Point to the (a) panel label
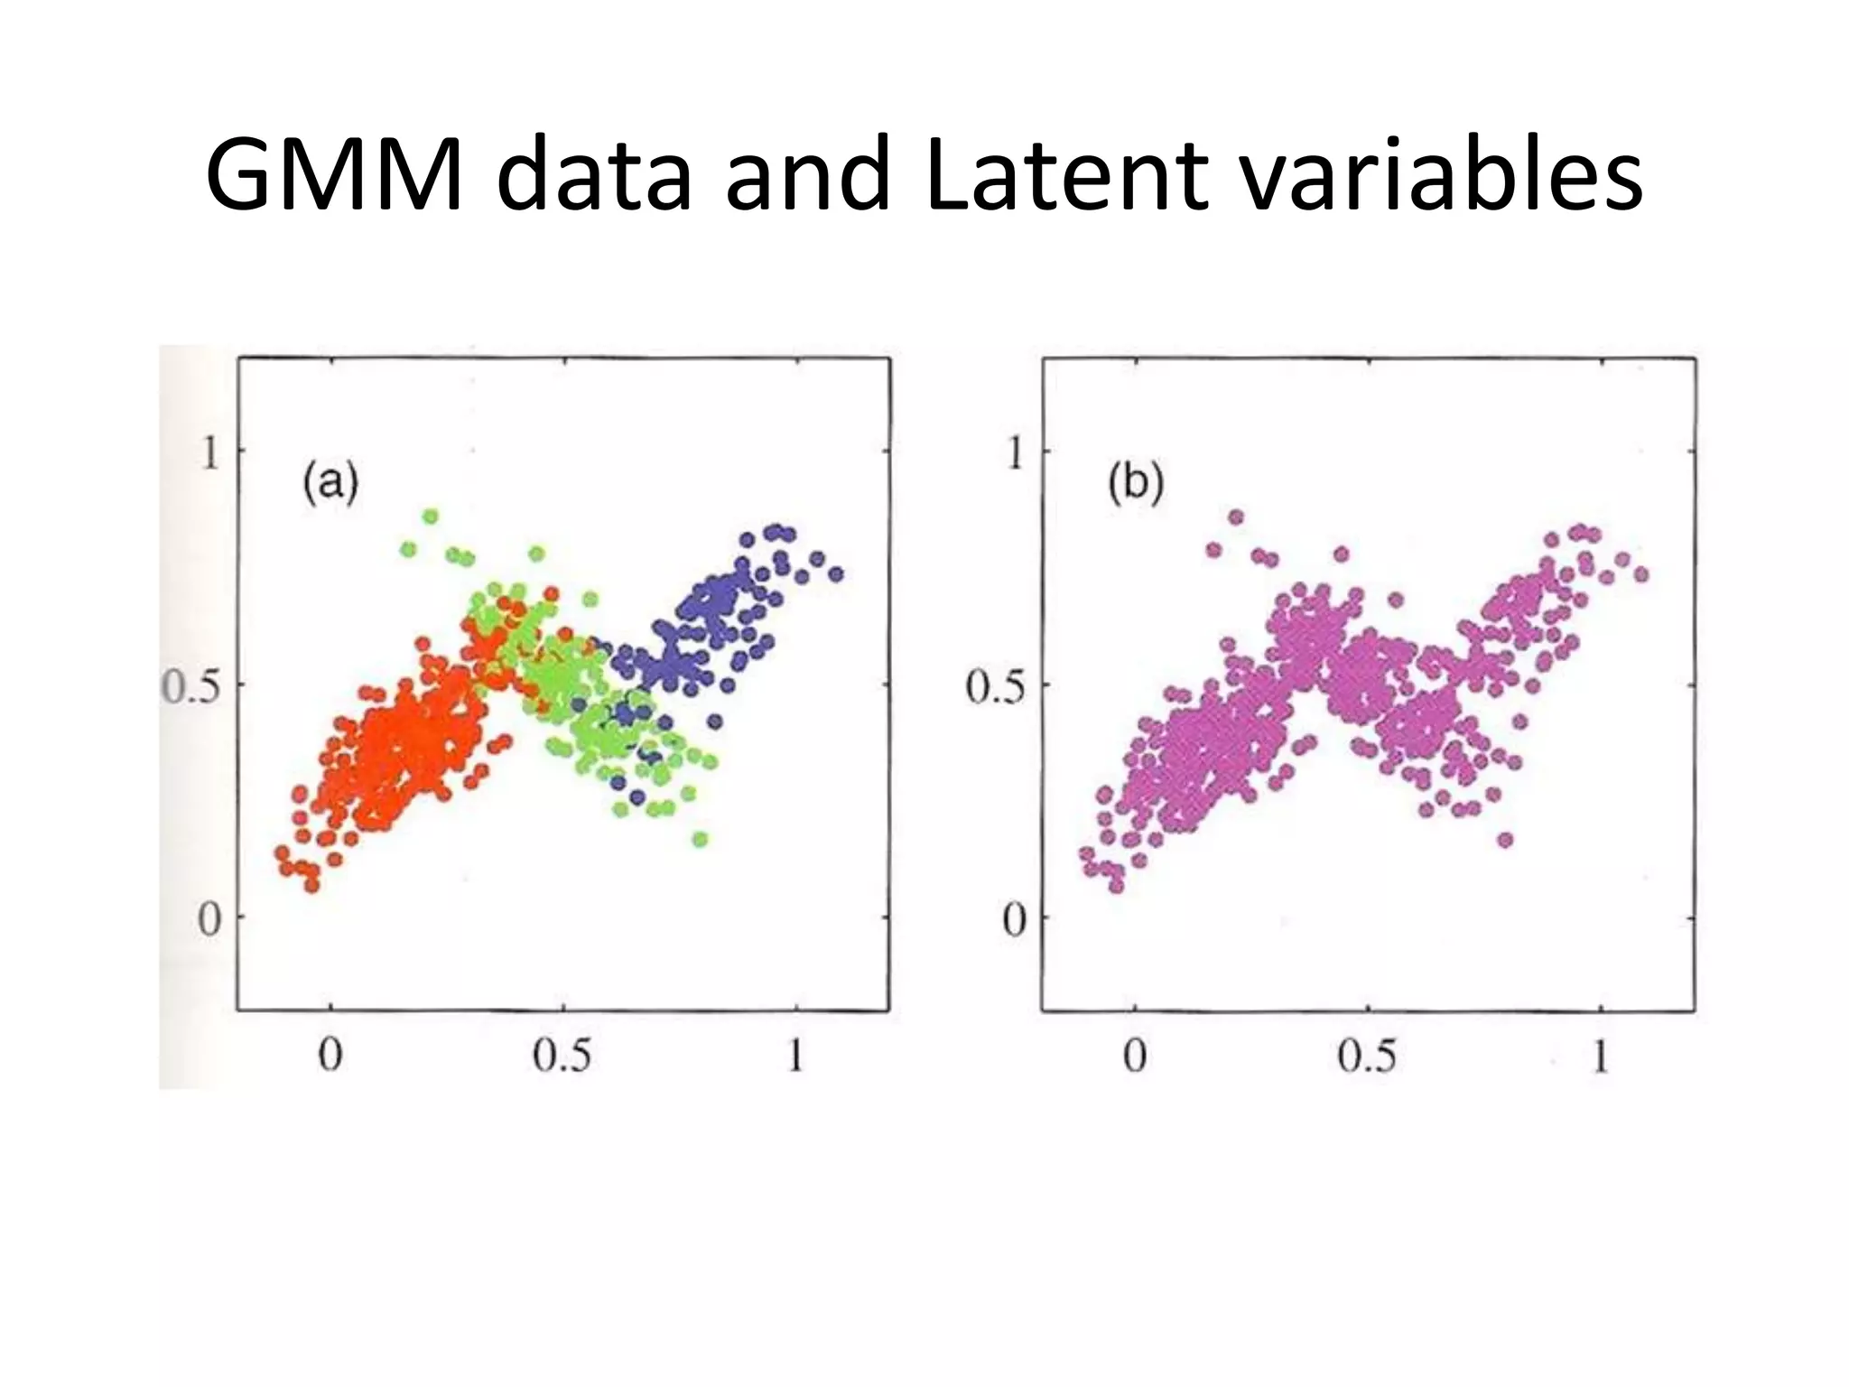coord(330,484)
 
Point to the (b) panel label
coord(1135,484)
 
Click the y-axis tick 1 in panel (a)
coord(210,452)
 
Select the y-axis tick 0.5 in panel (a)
coord(190,687)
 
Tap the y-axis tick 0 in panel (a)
coord(209,920)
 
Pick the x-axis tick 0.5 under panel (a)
coord(562,1055)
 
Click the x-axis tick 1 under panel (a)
coord(794,1055)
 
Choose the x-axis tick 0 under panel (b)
coord(1135,1055)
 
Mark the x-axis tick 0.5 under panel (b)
coord(1366,1055)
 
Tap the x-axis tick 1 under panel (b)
coord(1600,1055)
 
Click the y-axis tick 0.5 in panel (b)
coord(996,687)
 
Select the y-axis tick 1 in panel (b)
coord(1016,452)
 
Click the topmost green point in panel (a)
coord(431,517)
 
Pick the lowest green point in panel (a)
coord(701,840)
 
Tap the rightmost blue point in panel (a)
coord(835,573)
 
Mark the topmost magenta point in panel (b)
coord(1236,517)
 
